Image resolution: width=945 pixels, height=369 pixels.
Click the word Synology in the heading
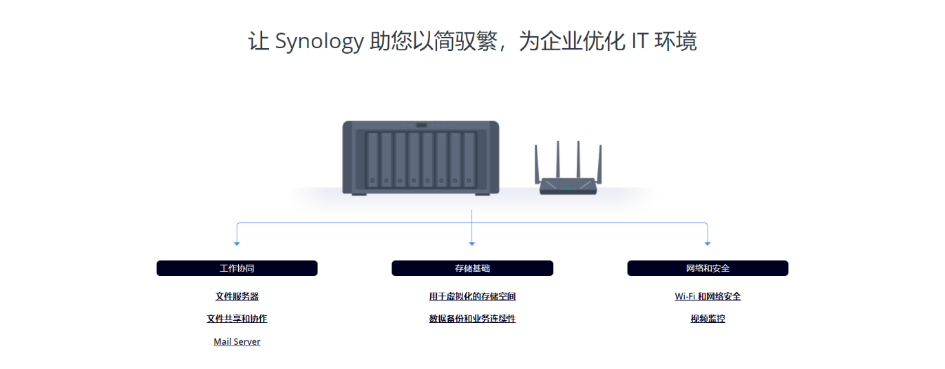[319, 42]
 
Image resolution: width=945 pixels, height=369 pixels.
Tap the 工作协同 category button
[237, 268]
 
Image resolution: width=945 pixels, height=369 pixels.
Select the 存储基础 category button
[472, 268]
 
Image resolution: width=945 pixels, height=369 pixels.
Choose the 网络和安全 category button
[708, 268]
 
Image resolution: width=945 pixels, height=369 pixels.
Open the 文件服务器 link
[237, 297]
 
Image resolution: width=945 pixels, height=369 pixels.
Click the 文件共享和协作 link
[237, 319]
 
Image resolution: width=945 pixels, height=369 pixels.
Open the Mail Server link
[237, 341]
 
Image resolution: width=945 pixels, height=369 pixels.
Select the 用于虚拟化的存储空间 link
[472, 297]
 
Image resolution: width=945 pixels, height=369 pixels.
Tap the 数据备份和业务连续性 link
[472, 319]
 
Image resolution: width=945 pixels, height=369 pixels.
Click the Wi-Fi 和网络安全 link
[708, 297]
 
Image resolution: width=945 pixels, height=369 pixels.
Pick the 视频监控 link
[708, 319]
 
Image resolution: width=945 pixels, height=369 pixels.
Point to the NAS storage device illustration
[421, 158]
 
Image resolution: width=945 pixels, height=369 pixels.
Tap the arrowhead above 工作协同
[237, 244]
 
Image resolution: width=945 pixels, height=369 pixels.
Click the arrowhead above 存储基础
[471, 244]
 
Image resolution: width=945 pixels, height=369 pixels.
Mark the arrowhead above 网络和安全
[708, 244]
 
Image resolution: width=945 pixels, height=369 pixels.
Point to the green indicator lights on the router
[568, 189]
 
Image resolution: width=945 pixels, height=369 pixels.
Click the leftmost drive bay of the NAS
[372, 160]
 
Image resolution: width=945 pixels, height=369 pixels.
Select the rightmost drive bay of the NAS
[469, 160]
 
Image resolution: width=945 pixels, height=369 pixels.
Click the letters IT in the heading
[639, 42]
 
